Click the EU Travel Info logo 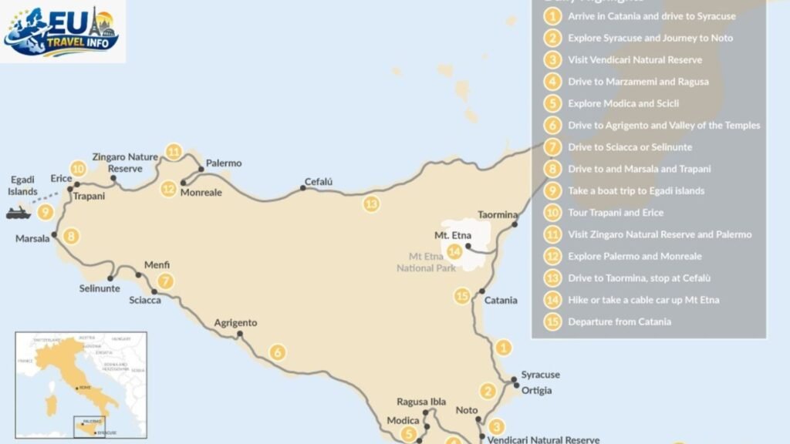click(x=62, y=31)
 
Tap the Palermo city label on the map click(x=224, y=163)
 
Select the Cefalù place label click(x=318, y=182)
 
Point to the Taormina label click(x=498, y=215)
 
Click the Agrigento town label click(x=235, y=323)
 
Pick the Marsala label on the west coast click(x=32, y=239)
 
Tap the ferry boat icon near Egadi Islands click(x=17, y=213)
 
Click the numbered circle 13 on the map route click(x=372, y=204)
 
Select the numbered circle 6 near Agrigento click(x=277, y=352)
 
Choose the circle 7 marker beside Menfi click(x=166, y=281)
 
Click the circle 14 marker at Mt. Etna click(x=454, y=251)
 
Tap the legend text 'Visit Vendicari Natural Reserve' click(x=635, y=59)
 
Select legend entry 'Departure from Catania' click(x=620, y=321)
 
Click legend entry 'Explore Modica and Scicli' click(x=623, y=103)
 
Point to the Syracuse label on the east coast click(x=540, y=375)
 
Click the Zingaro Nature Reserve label click(x=125, y=162)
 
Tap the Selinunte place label click(x=100, y=289)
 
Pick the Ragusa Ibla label click(x=422, y=402)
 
